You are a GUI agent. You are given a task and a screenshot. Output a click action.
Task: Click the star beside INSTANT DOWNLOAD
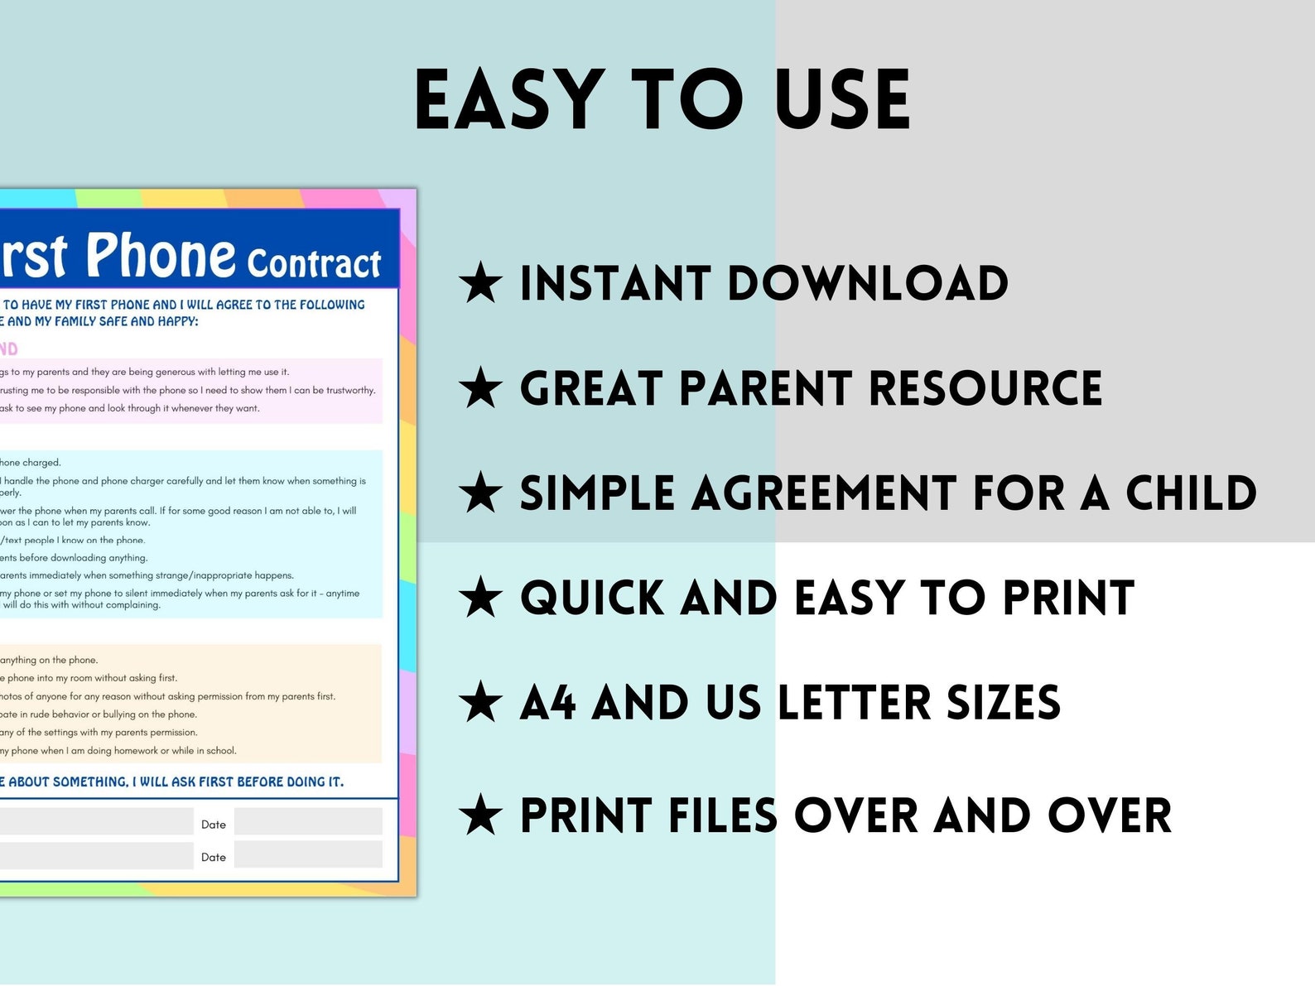480,283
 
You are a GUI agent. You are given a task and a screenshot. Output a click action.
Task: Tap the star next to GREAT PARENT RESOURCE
480,388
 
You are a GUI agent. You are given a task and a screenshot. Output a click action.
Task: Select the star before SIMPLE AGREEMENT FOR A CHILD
480,493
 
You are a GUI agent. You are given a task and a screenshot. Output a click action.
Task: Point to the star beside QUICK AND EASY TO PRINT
480,598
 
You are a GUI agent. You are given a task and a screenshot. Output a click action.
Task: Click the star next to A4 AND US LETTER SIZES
480,703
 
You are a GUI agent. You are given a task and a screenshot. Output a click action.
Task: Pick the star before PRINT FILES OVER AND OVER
480,815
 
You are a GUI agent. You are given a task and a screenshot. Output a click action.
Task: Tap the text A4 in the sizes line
547,703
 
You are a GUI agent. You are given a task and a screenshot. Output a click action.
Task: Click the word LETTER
854,703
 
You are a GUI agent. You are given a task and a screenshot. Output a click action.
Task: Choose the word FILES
723,815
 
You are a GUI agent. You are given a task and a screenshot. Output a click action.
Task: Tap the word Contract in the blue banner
313,263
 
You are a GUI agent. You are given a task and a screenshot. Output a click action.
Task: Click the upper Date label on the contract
214,825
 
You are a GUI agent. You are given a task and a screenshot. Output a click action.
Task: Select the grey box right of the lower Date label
308,855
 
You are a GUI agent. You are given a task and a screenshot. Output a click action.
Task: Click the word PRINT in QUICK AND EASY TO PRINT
1068,598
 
